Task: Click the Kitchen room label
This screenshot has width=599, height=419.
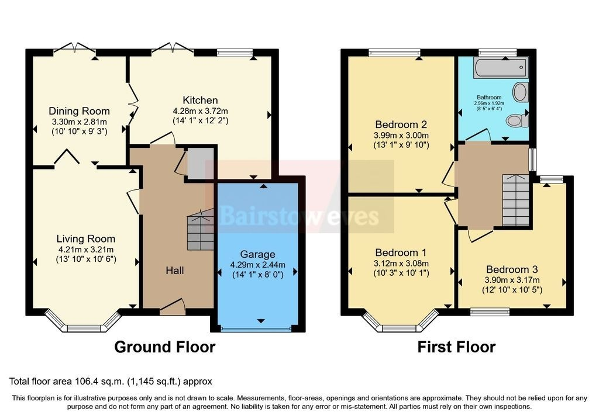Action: tap(200, 101)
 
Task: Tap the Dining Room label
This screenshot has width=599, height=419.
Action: tap(79, 111)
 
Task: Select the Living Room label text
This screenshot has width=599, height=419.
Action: tap(86, 239)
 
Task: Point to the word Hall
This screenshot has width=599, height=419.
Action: tap(175, 271)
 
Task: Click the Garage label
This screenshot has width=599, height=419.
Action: tap(258, 255)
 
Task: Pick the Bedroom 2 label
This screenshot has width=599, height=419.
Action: tap(401, 124)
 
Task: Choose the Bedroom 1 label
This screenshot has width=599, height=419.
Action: tap(401, 252)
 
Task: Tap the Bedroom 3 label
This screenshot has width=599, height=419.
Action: tap(512, 269)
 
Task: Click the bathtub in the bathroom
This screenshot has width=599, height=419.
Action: tap(501, 68)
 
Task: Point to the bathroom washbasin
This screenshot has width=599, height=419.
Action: tap(520, 92)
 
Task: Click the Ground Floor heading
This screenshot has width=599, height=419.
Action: tap(164, 347)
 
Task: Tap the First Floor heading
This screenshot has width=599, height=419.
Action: tap(456, 347)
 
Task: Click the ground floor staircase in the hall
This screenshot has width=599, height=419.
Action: tap(201, 229)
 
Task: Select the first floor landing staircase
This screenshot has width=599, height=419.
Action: tap(515, 200)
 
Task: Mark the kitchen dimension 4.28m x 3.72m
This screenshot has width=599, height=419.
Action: tap(200, 112)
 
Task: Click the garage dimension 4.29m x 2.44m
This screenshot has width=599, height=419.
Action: tap(258, 265)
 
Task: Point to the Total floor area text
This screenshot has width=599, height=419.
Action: tap(111, 381)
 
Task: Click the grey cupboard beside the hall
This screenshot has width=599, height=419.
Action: tap(200, 163)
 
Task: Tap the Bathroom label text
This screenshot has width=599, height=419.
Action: tap(489, 98)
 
